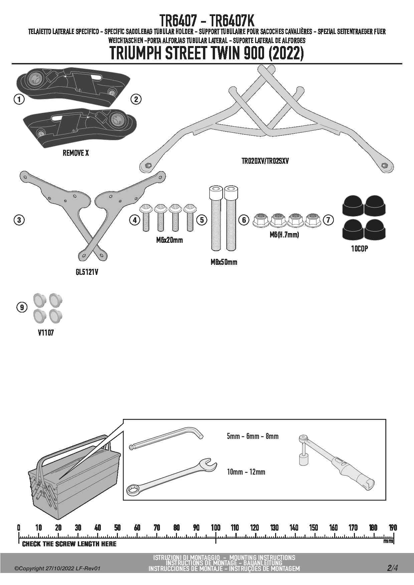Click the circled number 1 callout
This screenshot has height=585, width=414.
(19, 99)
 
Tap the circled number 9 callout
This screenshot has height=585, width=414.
(22, 307)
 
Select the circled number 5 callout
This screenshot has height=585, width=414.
(202, 220)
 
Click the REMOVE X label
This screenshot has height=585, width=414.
(76, 153)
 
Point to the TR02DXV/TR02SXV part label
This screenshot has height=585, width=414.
(265, 161)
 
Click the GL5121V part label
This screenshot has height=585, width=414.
(87, 272)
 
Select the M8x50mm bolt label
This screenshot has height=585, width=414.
(224, 262)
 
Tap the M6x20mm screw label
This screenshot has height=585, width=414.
(169, 240)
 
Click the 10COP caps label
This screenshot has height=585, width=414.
(359, 248)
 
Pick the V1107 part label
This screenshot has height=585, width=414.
(46, 333)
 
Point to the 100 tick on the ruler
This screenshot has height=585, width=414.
(216, 527)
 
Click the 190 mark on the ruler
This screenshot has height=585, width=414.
(393, 527)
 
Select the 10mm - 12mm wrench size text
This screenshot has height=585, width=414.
(246, 472)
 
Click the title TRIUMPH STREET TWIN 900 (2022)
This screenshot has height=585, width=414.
(207, 54)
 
